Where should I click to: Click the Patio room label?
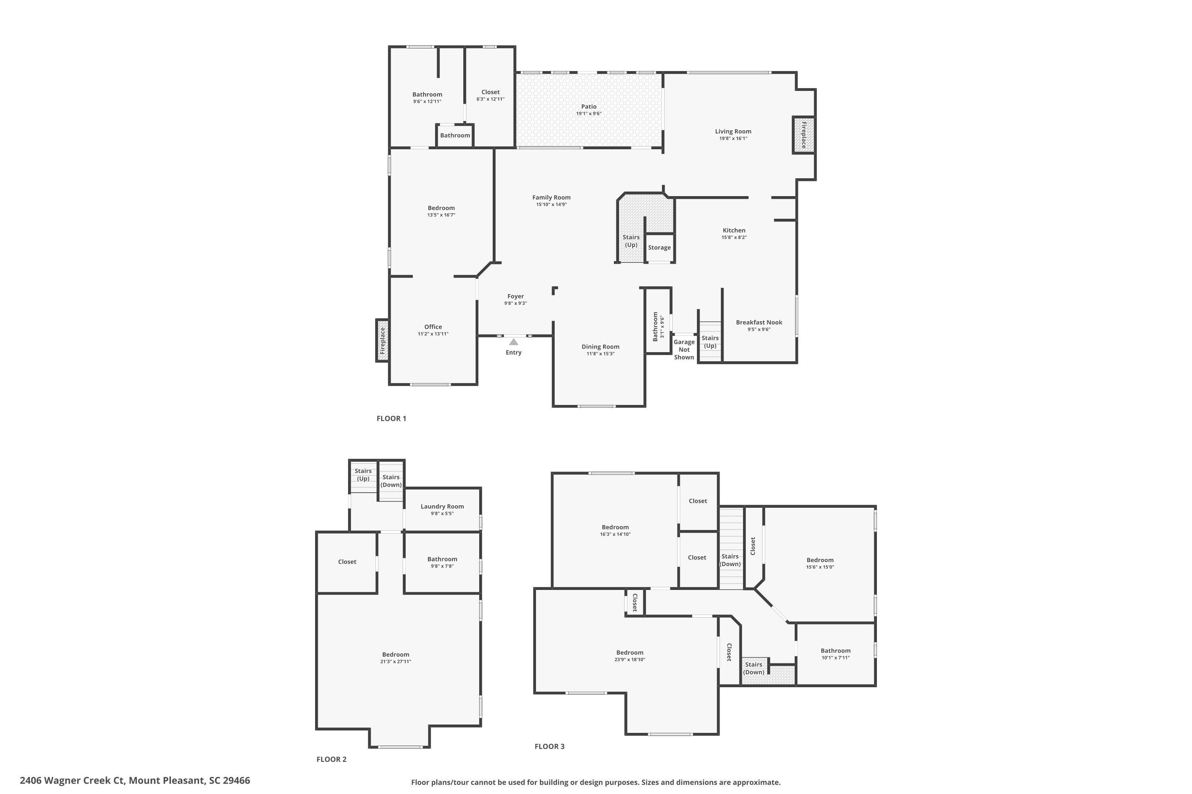(588, 107)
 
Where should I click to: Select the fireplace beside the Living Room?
(804, 135)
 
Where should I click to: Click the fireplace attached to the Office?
(383, 340)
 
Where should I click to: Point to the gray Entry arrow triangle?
(513, 342)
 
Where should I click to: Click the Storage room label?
(659, 248)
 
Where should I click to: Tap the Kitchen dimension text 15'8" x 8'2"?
(734, 237)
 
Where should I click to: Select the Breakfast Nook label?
(759, 322)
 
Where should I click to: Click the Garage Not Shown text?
(684, 349)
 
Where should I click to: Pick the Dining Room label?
(600, 347)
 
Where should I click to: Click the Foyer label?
(515, 297)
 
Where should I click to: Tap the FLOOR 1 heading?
(391, 418)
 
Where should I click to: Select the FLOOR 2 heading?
(331, 759)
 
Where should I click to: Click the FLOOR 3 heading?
(550, 746)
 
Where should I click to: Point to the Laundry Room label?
(442, 507)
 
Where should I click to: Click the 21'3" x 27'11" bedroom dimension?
(395, 661)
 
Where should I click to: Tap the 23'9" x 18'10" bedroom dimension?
(629, 659)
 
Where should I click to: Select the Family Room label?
(551, 197)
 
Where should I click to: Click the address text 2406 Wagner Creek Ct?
(72, 781)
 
